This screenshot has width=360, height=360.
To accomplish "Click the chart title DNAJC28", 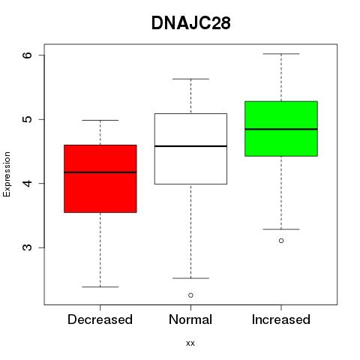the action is point(190,23).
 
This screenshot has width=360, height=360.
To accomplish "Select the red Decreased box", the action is point(100,178).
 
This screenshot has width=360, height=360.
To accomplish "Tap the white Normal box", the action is point(190,148).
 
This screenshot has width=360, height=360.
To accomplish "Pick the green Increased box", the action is point(281,129).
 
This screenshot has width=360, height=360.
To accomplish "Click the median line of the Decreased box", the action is point(100,172).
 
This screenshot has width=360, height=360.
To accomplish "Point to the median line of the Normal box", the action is point(190,146).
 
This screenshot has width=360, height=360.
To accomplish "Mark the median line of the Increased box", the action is point(281,129).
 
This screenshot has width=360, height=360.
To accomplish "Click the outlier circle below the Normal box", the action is point(190,295).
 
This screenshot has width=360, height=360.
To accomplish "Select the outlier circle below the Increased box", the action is point(281,241).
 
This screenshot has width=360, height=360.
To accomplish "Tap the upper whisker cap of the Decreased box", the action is point(100,120).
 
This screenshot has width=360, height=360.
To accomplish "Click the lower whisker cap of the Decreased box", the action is point(100,286).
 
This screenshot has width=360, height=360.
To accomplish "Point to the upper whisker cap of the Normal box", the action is point(190,79).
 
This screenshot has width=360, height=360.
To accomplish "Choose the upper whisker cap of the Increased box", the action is point(281,54).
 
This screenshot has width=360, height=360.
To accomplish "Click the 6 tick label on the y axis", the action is point(27,55).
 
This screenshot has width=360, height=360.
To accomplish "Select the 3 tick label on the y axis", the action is point(27,247).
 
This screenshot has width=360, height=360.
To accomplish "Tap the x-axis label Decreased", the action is point(100,319).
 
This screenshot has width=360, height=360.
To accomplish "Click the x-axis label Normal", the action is point(190,319).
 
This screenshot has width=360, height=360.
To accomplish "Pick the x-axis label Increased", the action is point(281,319).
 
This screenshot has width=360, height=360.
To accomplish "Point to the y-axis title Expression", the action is point(7,174).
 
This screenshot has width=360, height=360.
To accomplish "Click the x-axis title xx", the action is point(190,343).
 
